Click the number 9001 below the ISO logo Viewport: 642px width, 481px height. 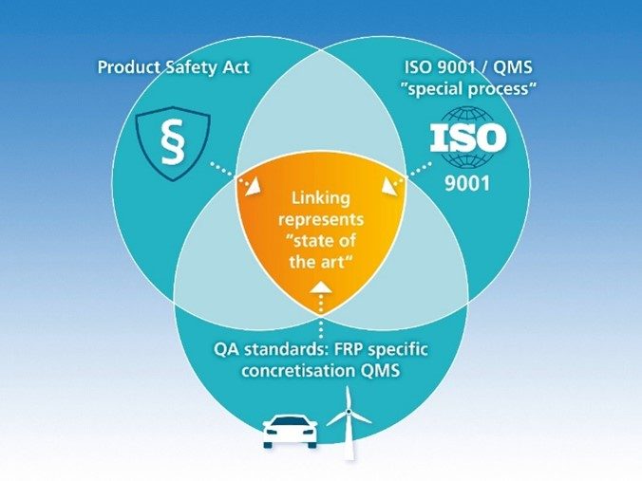[467, 181]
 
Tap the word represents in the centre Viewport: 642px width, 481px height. [321, 220]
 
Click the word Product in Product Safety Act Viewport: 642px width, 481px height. [130, 69]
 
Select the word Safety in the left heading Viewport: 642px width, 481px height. [194, 69]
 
